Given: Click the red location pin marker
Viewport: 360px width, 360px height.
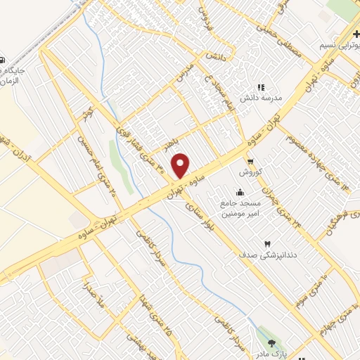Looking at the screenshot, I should click(181, 165).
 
